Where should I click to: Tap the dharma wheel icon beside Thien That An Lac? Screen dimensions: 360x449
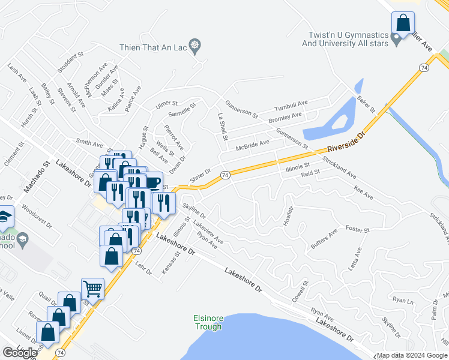194,45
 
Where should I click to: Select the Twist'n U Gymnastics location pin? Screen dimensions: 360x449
396,40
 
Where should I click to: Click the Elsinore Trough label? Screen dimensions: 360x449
208,322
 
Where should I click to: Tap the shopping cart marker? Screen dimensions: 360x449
92,289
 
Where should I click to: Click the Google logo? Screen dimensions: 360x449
20,353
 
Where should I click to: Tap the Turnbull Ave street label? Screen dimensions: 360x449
291,105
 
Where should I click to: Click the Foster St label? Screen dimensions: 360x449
357,229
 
